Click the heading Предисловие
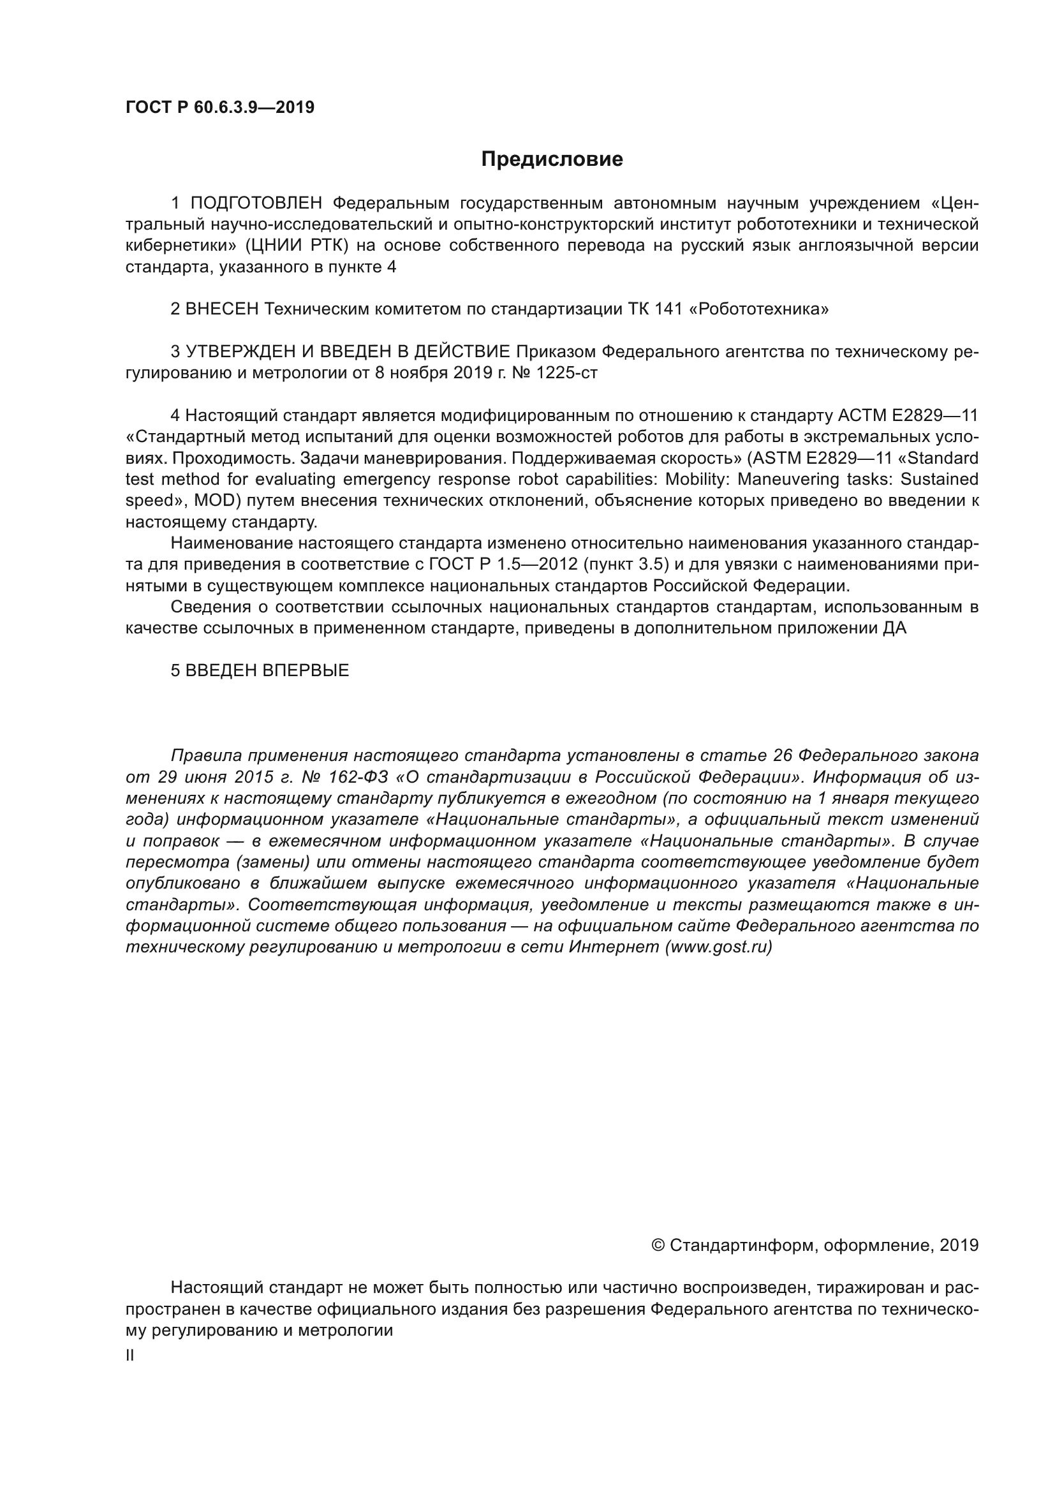[x=552, y=159]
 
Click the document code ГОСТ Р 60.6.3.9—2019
[x=219, y=107]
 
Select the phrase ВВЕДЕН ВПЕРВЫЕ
[x=267, y=670]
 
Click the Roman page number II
[x=130, y=1355]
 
